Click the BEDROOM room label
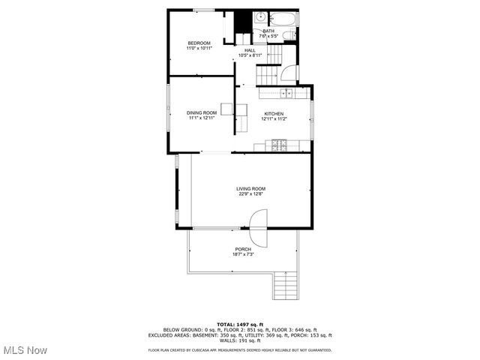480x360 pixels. (x=199, y=43)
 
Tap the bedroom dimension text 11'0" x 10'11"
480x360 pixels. (x=199, y=48)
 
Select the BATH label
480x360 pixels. (x=268, y=31)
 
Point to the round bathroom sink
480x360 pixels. (x=259, y=17)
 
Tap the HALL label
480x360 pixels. (x=250, y=50)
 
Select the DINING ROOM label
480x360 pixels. (x=202, y=112)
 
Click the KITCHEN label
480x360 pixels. (x=274, y=113)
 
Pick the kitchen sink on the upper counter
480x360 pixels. (x=286, y=94)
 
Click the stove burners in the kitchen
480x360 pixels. (x=278, y=145)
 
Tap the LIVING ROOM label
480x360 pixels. (x=250, y=188)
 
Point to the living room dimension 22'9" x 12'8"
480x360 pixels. (x=250, y=193)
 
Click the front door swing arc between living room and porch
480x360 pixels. (x=257, y=227)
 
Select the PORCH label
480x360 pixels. (x=243, y=249)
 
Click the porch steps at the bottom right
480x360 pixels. (x=286, y=285)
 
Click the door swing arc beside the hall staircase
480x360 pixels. (x=287, y=74)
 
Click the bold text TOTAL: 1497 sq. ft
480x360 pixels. (x=240, y=324)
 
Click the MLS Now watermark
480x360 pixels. (x=25, y=350)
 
